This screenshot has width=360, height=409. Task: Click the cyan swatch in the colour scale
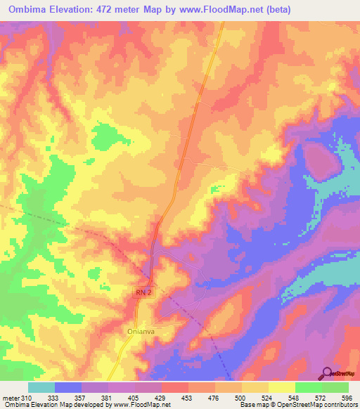(x=41, y=388)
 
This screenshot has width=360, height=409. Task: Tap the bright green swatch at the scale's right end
(x=335, y=388)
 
